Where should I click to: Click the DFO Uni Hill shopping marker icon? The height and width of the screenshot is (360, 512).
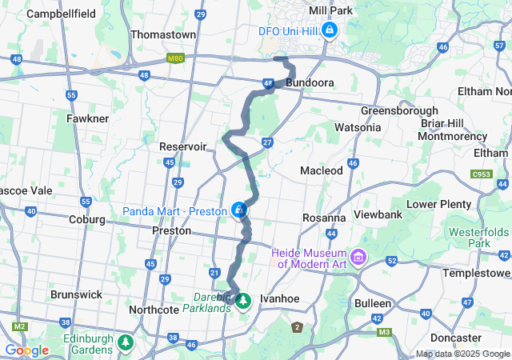(x=330, y=30)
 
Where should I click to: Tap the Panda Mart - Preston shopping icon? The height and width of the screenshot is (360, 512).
(x=238, y=210)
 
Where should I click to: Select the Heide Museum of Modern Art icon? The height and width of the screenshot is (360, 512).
(x=358, y=258)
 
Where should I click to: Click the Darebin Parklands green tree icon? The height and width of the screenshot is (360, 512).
(x=243, y=301)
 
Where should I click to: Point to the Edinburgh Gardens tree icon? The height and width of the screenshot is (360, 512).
(x=126, y=342)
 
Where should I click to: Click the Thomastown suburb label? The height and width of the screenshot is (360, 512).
(x=163, y=35)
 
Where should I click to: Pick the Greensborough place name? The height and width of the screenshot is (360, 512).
(x=399, y=110)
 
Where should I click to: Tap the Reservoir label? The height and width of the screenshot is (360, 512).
(x=183, y=146)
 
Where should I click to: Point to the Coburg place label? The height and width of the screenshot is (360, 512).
(x=87, y=219)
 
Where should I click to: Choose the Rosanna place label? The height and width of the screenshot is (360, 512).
(x=324, y=218)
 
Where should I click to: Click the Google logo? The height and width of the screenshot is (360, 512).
(x=26, y=350)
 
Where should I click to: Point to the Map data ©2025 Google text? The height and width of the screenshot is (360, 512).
(x=463, y=354)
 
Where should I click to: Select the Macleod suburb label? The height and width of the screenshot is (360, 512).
(x=321, y=170)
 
